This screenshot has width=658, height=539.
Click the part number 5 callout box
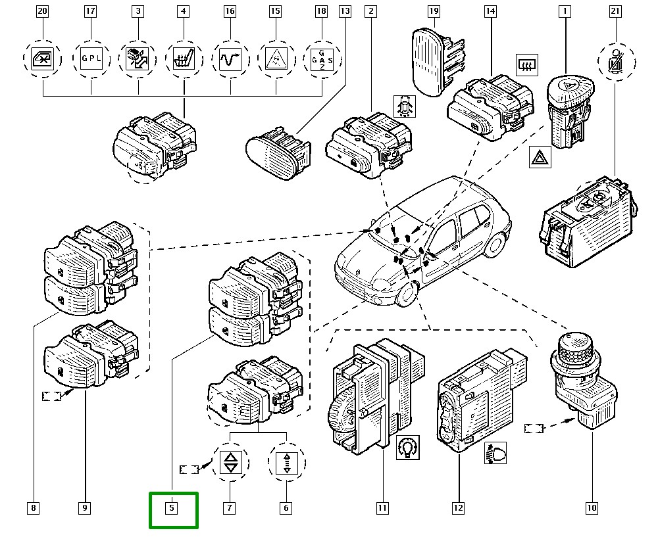coord(171,507)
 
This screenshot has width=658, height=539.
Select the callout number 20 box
coord(42,11)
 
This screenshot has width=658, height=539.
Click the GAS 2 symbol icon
coord(322,59)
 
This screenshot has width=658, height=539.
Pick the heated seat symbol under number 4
coord(183,59)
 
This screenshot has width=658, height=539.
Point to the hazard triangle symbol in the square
coord(540,158)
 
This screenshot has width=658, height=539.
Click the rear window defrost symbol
coord(526,64)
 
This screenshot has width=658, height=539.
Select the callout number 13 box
coord(345,11)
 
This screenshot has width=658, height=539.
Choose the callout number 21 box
coord(615,11)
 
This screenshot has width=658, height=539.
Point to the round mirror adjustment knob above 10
coord(575,352)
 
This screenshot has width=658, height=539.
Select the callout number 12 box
coord(458,507)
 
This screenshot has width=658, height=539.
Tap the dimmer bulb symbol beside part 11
coord(409,448)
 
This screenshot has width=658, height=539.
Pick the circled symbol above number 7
coord(230,463)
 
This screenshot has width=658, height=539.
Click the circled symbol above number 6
coord(287,463)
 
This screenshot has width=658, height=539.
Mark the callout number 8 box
coord(33,507)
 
